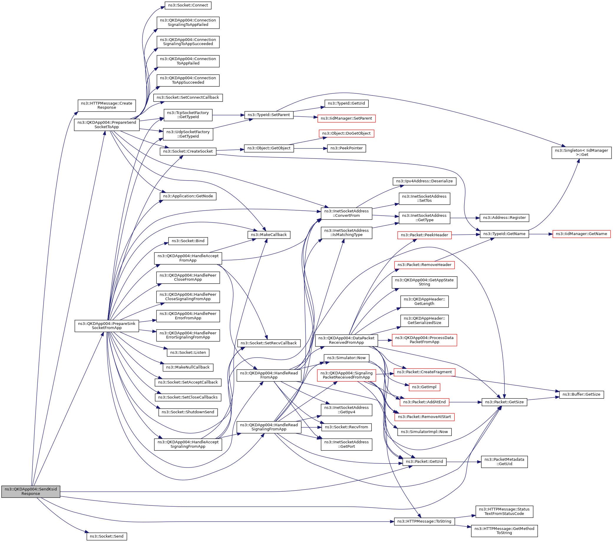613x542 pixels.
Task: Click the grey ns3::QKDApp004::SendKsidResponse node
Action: [31, 491]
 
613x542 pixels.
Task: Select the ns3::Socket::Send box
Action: [106, 536]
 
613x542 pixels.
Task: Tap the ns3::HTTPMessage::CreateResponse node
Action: [106, 105]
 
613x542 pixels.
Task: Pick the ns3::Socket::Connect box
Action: [188, 5]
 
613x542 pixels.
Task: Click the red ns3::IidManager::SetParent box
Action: [346, 118]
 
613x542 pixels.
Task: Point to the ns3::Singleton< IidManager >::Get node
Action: [581, 152]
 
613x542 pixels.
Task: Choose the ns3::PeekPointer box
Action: [346, 148]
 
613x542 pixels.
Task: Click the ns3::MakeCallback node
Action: [269, 234]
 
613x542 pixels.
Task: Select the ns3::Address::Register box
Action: [504, 217]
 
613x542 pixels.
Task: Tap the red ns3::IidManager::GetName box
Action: [581, 234]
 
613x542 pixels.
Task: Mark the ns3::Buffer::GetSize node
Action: [581, 394]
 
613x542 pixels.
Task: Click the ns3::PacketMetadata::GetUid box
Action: [504, 462]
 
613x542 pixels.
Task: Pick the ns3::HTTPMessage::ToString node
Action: [424, 521]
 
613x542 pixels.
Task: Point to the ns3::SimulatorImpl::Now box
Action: [424, 432]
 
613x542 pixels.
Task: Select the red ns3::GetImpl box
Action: [424, 387]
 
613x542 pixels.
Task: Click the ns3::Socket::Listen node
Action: [188, 352]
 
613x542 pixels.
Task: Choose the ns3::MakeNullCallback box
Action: [188, 367]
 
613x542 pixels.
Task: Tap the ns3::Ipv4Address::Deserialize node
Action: [424, 181]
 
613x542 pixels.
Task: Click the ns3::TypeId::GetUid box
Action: [346, 103]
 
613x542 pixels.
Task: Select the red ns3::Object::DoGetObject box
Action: [346, 133]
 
